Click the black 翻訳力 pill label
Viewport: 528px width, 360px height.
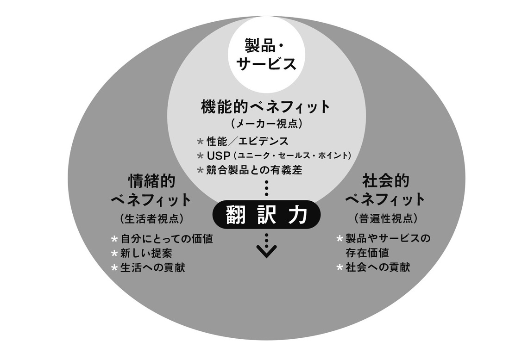tap(266, 215)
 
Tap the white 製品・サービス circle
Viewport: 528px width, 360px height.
tap(266, 55)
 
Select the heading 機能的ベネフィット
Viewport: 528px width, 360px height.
tap(266, 106)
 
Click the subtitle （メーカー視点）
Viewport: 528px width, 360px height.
tap(266, 124)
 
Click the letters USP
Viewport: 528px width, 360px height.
tap(219, 156)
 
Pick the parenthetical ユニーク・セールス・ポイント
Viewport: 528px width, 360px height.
tap(292, 156)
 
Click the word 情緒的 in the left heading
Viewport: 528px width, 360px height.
tap(152, 181)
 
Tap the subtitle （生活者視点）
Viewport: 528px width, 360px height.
tap(151, 219)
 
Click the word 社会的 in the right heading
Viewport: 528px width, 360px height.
tap(386, 180)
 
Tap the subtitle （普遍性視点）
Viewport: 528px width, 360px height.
tap(385, 219)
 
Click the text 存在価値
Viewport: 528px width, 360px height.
tap(367, 253)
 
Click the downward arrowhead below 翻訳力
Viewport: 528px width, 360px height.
tap(266, 251)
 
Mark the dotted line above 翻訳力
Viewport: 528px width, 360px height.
tap(266, 188)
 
